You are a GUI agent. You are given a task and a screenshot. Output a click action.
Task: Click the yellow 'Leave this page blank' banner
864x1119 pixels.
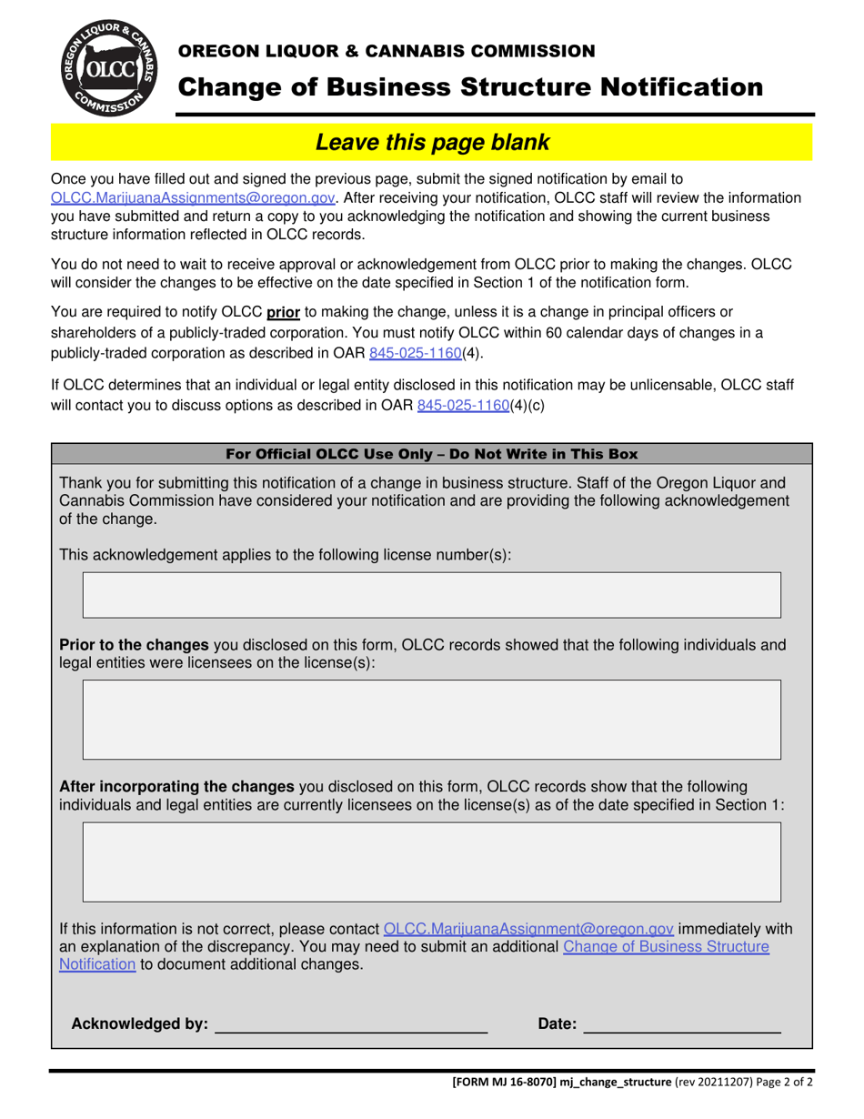(x=431, y=142)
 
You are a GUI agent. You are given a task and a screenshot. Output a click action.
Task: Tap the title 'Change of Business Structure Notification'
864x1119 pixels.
(x=470, y=87)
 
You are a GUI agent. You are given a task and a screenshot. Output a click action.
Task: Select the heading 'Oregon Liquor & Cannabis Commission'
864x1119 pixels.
(x=386, y=50)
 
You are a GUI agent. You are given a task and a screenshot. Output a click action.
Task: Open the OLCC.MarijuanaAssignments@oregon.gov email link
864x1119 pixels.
(x=194, y=197)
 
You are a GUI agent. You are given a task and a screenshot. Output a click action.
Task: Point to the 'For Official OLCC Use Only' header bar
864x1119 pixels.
(x=431, y=453)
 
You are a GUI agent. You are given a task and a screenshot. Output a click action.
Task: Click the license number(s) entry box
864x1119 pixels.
(x=432, y=596)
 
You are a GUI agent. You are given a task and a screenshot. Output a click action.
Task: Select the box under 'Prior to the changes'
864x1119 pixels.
(x=432, y=719)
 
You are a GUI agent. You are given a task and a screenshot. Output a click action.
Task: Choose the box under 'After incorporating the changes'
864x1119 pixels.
(x=432, y=862)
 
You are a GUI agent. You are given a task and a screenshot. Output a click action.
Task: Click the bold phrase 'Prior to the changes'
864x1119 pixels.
(x=135, y=645)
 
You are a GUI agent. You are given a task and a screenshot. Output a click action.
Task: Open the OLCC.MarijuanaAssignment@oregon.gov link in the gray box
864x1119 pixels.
(x=529, y=929)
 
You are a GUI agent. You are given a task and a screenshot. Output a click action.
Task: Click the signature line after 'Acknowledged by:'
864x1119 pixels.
(x=350, y=1024)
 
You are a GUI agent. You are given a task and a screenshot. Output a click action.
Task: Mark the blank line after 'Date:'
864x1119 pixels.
(x=682, y=1024)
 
